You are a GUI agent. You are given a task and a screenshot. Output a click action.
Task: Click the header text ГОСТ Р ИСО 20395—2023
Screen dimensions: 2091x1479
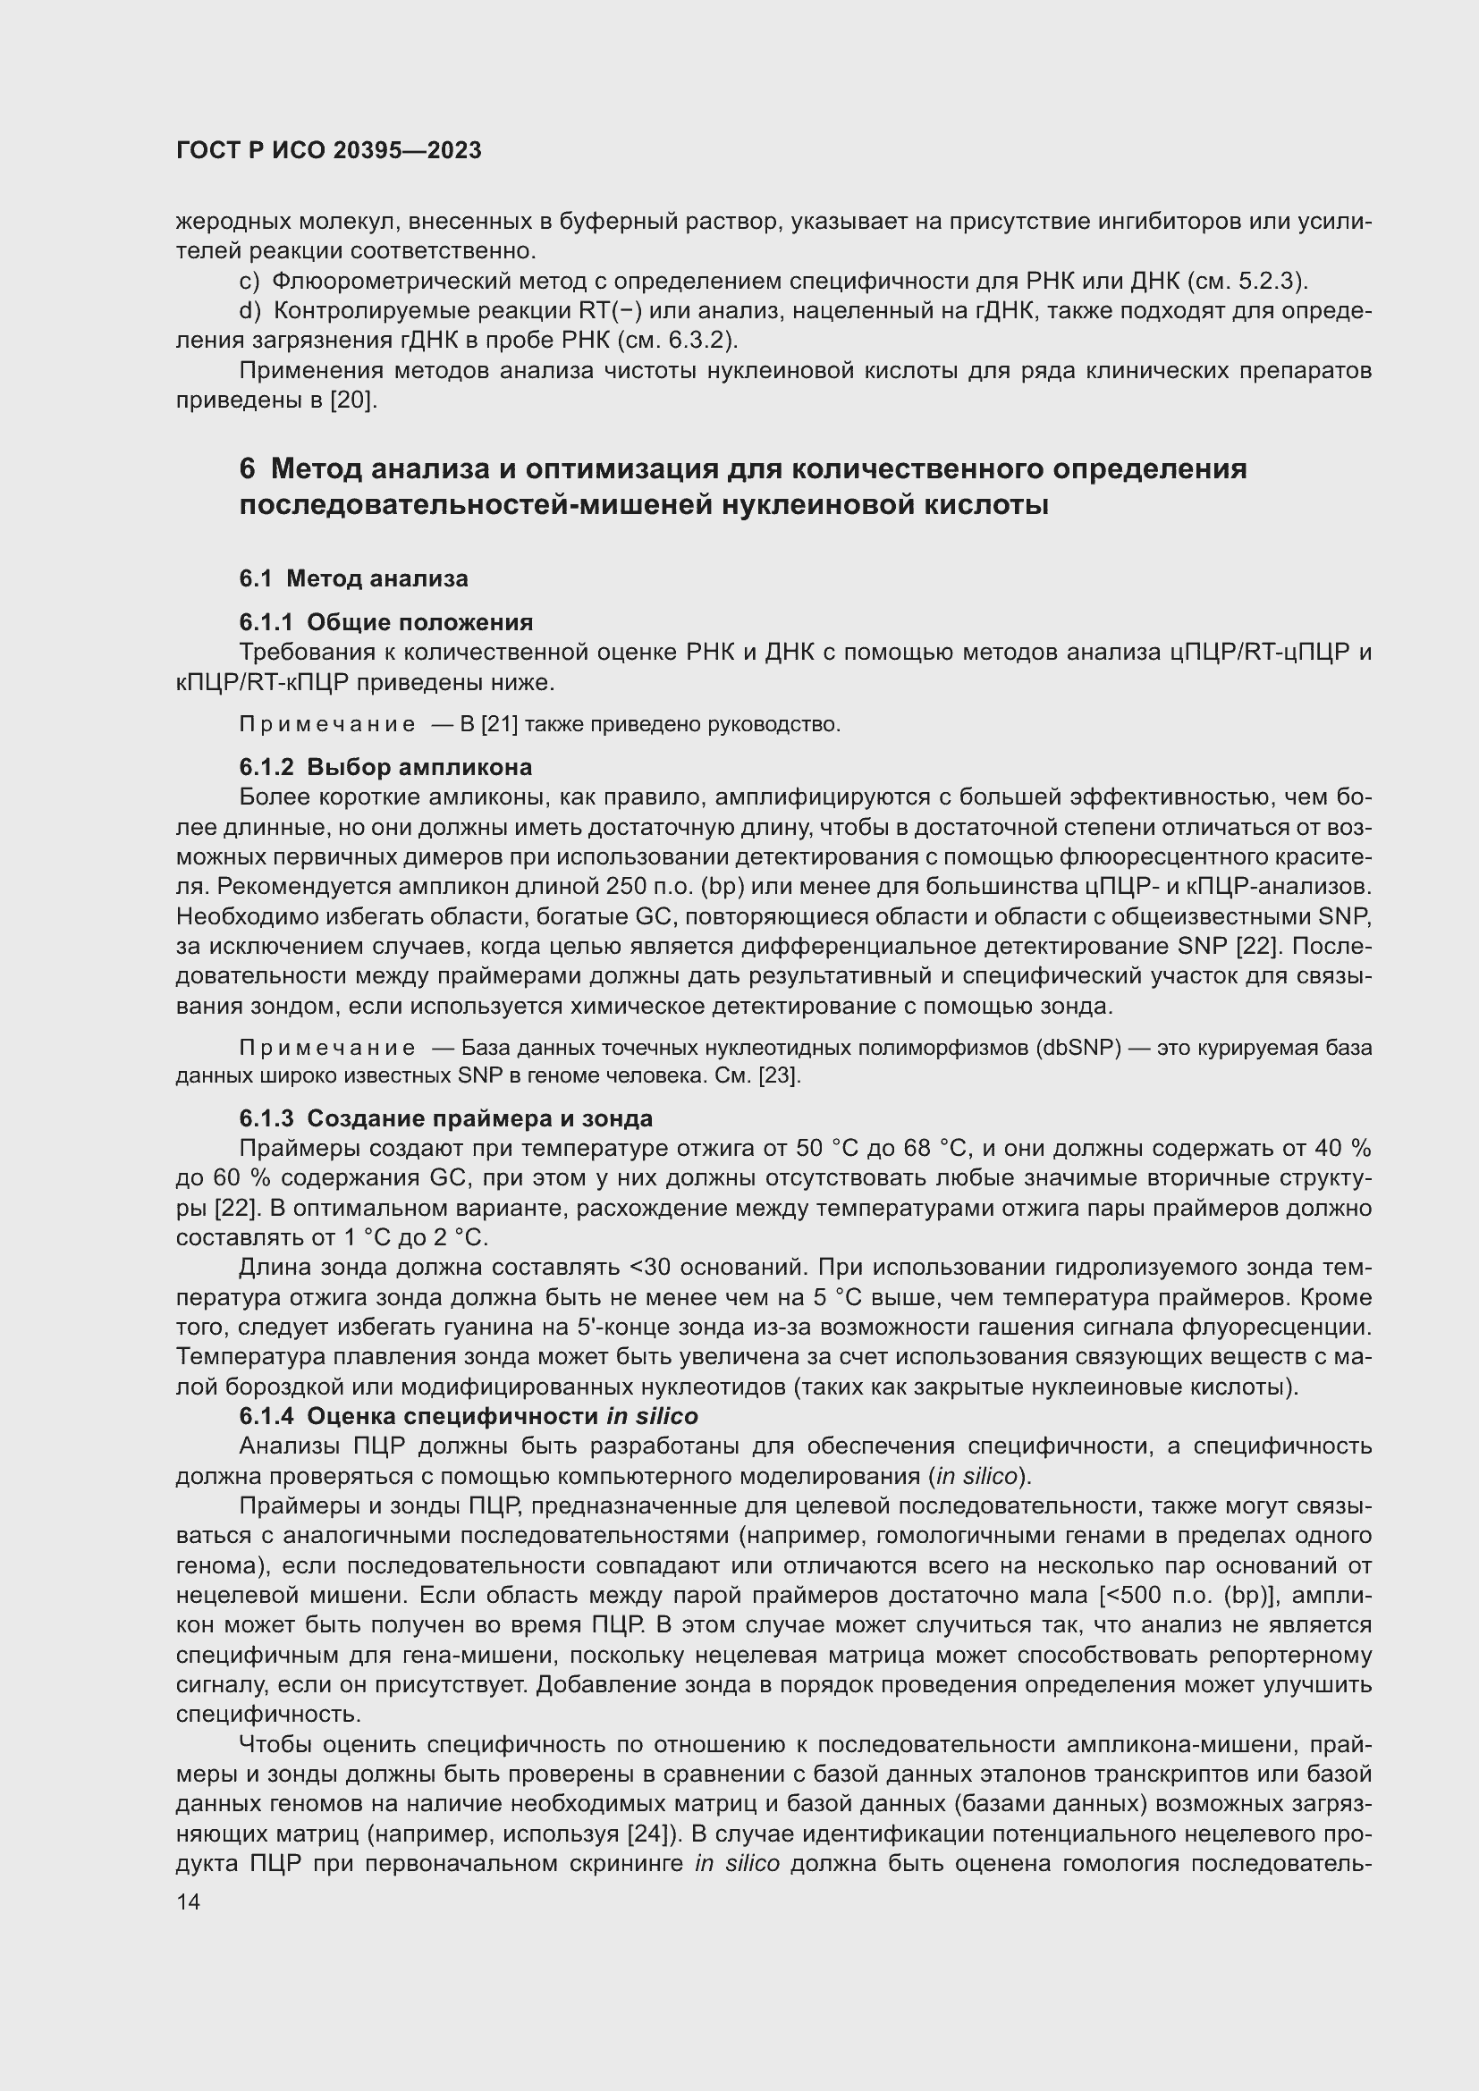click(x=329, y=151)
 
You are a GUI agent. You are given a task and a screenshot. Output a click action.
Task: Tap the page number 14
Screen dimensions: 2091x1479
click(x=189, y=1901)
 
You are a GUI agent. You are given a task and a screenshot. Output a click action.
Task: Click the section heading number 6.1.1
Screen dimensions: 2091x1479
click(x=266, y=622)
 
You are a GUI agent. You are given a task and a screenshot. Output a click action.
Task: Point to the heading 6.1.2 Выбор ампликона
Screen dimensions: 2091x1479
click(x=385, y=767)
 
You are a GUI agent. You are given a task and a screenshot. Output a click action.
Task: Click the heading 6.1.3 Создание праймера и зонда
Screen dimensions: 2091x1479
click(x=445, y=1117)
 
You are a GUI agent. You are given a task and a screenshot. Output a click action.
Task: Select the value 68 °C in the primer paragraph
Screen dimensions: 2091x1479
click(x=934, y=1149)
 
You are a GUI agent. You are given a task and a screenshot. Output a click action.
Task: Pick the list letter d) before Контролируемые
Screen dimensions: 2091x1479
click(x=249, y=311)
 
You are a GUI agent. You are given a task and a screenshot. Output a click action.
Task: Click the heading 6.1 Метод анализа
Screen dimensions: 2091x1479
click(x=353, y=578)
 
